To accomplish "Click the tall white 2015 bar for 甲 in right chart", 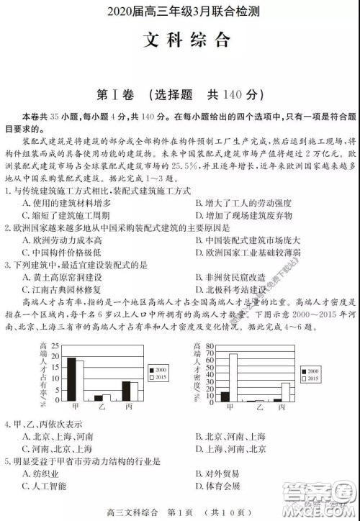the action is (x=233, y=377).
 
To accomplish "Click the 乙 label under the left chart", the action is (x=102, y=407).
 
